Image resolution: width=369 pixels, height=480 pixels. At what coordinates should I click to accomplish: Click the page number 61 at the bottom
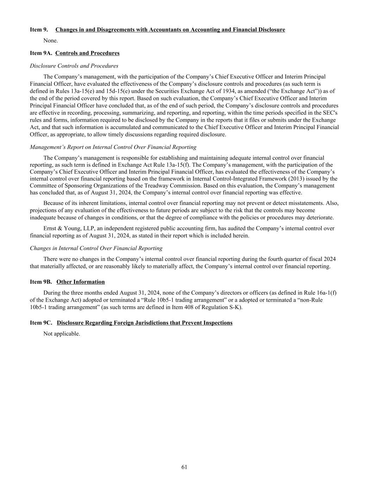click(184, 467)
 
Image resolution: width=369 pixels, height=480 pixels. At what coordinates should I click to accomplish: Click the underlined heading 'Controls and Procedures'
click(87, 53)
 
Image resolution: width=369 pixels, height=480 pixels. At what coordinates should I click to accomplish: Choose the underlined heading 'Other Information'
click(81, 282)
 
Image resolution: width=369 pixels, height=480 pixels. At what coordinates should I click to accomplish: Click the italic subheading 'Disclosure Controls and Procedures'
click(74, 66)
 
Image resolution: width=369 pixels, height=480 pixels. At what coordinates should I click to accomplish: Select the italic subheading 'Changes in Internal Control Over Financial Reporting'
click(96, 248)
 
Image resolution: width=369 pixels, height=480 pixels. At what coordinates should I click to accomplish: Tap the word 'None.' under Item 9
click(51, 40)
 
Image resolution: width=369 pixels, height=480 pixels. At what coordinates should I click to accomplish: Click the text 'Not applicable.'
click(62, 334)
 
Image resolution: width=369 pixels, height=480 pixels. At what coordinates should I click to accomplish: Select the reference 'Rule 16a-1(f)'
click(324, 293)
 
